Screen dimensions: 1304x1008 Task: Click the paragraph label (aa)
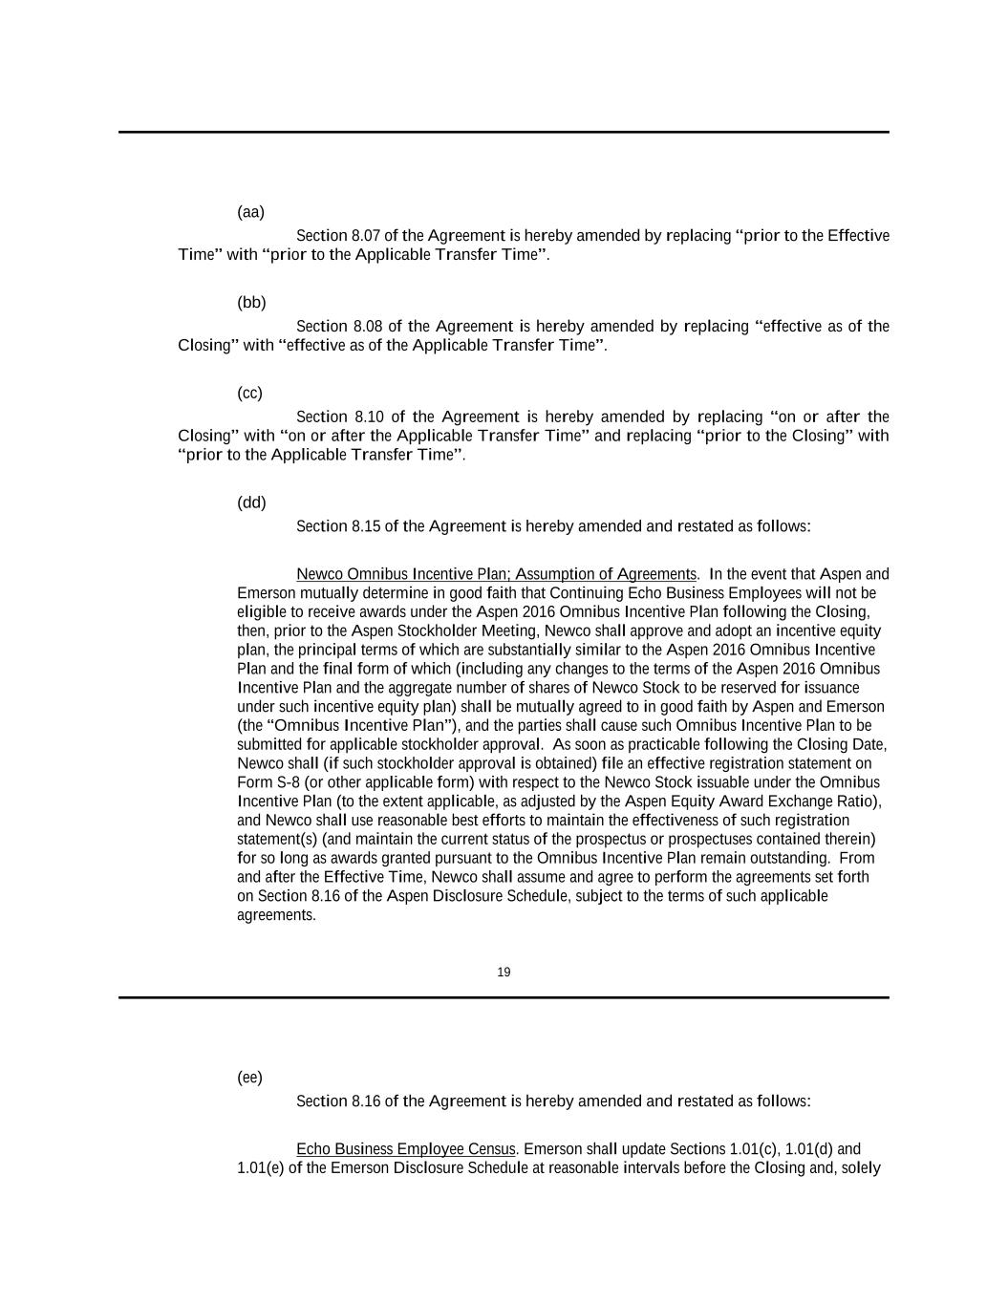pos(250,212)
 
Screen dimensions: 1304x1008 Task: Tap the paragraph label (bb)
pos(251,303)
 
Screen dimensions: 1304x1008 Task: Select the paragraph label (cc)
pos(249,394)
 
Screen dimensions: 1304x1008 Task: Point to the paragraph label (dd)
pos(251,502)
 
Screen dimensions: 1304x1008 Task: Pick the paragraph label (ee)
pos(249,1078)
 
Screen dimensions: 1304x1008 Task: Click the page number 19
pos(504,973)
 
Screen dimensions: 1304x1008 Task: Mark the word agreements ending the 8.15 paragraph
pos(275,915)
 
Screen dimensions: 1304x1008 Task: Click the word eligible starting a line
pos(261,612)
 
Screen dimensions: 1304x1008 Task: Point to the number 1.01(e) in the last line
pos(260,1168)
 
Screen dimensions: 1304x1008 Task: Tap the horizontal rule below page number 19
pos(504,997)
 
